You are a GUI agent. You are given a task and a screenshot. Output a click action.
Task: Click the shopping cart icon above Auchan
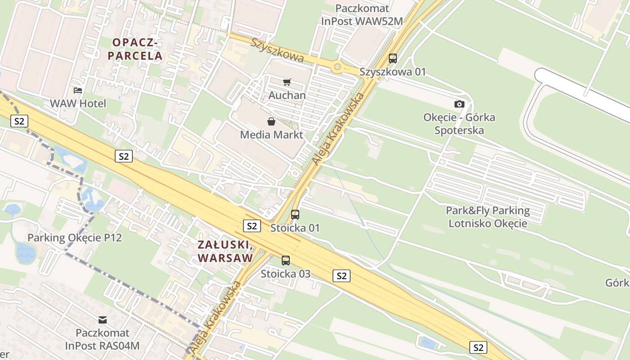[287, 82]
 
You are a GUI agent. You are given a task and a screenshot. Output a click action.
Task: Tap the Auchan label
[287, 95]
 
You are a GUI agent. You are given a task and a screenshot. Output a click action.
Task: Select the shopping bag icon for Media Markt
[271, 121]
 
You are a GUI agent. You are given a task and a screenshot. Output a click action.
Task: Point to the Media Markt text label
[271, 135]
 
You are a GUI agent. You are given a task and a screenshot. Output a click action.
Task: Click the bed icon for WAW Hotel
[78, 90]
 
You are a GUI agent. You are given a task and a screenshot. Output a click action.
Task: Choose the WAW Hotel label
[78, 103]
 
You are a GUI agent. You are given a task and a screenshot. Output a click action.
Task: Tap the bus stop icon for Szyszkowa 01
[393, 58]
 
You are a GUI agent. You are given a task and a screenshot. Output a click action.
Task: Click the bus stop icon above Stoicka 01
[295, 214]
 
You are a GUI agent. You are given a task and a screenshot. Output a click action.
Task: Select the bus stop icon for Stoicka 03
[286, 260]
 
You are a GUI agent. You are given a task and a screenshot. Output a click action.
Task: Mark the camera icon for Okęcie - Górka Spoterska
[459, 104]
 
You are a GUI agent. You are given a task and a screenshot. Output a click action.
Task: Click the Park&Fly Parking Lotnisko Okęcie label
[488, 217]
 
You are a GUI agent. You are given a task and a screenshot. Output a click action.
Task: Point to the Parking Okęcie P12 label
[75, 238]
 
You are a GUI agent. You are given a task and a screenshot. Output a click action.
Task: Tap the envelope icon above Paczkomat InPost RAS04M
[103, 320]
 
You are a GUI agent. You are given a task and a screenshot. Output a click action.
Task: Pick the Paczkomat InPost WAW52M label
[362, 15]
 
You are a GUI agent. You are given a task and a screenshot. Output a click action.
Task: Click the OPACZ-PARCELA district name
[137, 49]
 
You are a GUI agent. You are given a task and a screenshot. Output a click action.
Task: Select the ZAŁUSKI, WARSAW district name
[225, 252]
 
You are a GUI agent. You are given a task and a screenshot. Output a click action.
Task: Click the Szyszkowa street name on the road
[278, 50]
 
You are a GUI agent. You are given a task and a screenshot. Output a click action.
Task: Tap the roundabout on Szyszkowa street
[337, 67]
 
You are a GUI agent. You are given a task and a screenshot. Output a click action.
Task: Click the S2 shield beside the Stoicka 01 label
[252, 226]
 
